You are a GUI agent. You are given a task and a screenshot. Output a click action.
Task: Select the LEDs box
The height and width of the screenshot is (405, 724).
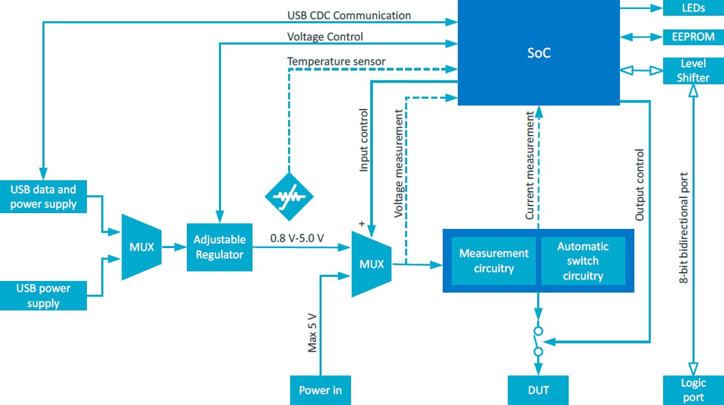(693, 8)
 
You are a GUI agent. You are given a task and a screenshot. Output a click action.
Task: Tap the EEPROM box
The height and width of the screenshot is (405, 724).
(693, 36)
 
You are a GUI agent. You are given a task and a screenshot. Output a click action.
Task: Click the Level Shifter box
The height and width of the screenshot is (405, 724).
(693, 71)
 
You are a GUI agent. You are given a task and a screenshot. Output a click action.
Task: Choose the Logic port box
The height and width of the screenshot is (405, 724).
(693, 390)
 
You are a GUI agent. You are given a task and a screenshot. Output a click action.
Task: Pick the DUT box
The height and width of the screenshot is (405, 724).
(538, 390)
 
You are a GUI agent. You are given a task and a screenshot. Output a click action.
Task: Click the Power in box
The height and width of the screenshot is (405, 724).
(320, 390)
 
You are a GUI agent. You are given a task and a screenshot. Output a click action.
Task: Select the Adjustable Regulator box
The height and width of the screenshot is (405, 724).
(219, 247)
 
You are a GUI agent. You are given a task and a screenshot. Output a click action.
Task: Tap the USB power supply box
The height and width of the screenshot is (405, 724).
(43, 295)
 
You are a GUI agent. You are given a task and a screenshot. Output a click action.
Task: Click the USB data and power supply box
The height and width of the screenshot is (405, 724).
(43, 196)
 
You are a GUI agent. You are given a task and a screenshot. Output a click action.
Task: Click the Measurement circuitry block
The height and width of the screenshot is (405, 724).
(493, 261)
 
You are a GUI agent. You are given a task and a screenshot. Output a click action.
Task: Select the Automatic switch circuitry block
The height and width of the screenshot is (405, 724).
(582, 261)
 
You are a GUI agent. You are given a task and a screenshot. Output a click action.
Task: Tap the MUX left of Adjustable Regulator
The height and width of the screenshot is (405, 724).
(142, 247)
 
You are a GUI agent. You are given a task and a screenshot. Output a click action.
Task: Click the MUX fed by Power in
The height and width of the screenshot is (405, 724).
(371, 264)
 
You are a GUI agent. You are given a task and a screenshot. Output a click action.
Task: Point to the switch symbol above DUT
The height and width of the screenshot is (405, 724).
(538, 341)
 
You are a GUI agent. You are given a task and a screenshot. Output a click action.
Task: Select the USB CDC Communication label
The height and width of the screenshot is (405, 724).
(349, 15)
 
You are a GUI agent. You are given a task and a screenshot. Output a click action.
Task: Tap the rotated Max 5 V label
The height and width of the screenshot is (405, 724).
(312, 332)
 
